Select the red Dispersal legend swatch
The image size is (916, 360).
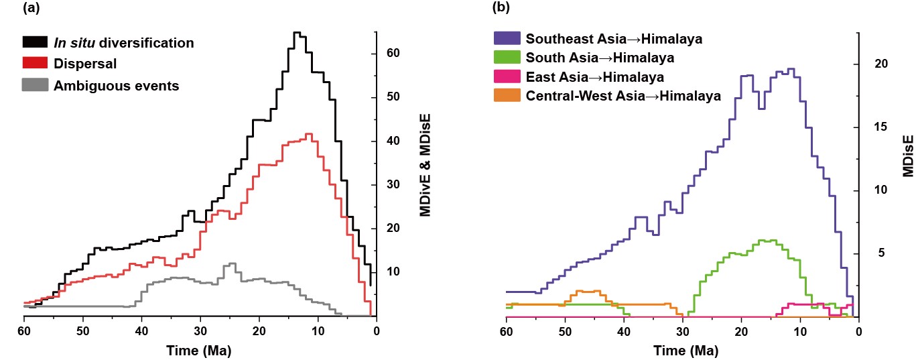36,64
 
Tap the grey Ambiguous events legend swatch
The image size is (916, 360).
36,85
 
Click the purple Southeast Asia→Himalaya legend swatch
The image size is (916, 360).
507,38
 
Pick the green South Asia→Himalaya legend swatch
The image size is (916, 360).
507,58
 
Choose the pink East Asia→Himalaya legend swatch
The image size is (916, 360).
507,77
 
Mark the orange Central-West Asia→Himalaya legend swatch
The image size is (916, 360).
507,96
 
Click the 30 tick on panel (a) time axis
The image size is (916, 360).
200,331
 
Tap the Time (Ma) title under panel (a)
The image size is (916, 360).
200,349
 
